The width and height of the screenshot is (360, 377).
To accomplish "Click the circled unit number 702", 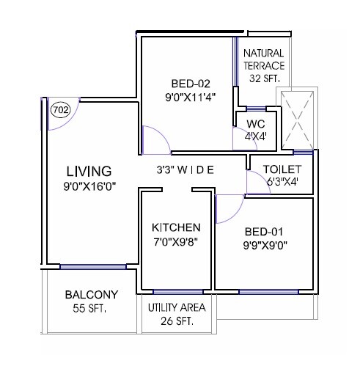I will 61,111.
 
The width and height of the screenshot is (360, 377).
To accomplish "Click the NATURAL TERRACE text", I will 264,59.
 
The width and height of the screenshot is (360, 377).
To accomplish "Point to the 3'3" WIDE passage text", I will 185,170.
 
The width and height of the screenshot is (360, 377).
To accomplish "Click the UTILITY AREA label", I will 177,307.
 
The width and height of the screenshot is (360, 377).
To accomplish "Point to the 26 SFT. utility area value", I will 177,321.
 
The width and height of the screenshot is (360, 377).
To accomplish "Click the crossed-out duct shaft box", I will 298,118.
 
